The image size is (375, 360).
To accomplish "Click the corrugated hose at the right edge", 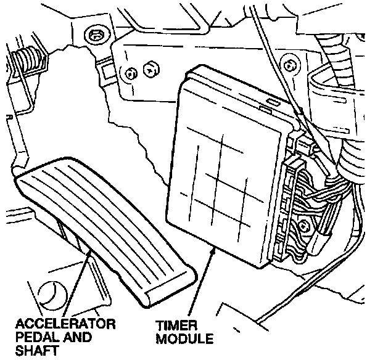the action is pos(355,160).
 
